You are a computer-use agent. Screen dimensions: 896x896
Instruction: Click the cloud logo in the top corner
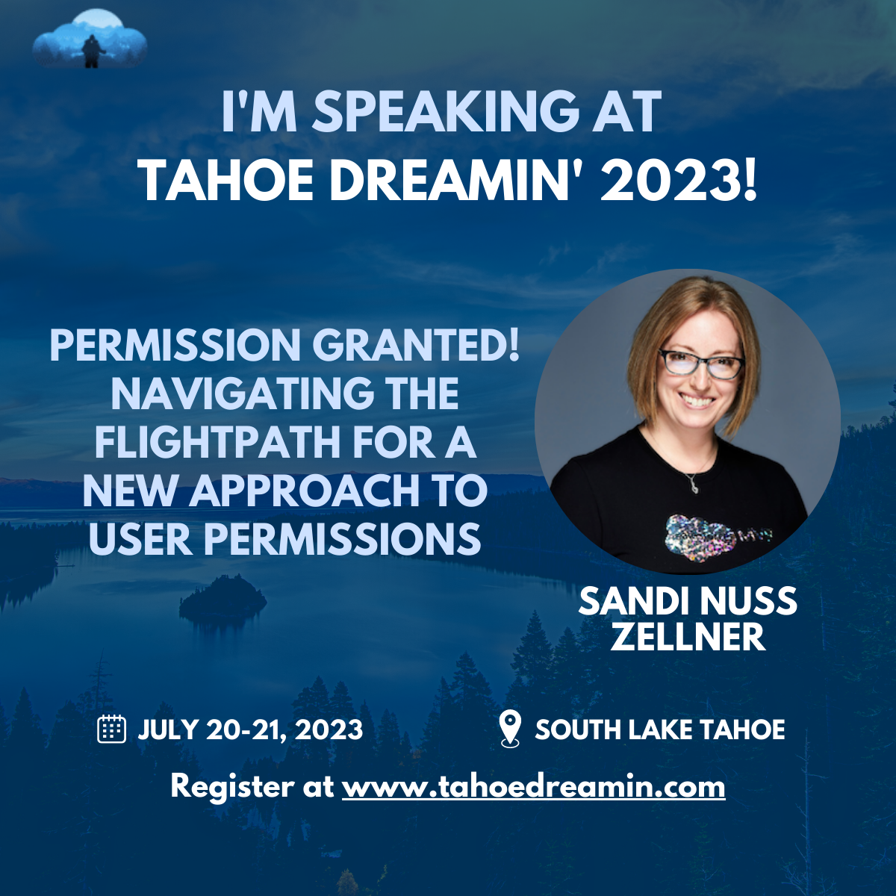point(90,40)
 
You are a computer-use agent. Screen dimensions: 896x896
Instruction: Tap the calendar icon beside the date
point(112,729)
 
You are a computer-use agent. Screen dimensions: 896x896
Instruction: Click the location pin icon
point(509,729)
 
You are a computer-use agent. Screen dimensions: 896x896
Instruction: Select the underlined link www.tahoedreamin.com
point(533,786)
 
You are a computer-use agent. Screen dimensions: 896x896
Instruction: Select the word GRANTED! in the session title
point(415,345)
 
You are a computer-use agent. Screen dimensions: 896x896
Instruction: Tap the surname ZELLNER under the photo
point(688,637)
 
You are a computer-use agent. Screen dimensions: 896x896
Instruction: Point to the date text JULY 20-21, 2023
point(250,729)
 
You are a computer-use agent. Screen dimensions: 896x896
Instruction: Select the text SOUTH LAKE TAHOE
point(660,729)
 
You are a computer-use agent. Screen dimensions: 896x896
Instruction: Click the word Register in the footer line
point(232,786)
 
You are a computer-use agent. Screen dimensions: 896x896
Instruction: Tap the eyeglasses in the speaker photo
point(702,364)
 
